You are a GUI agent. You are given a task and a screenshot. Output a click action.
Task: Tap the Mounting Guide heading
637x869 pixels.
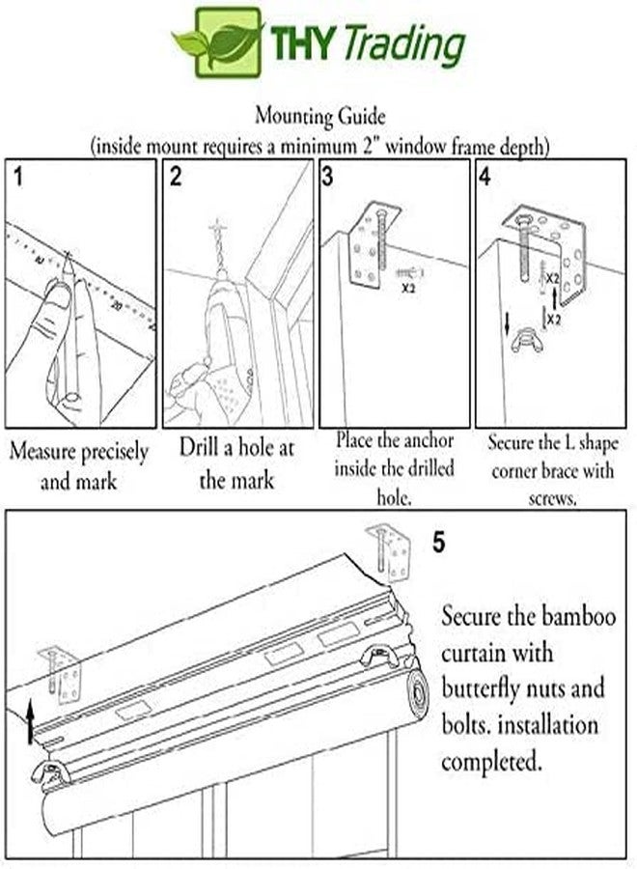(x=319, y=116)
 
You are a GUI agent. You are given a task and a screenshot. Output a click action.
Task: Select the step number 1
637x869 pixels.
(x=20, y=177)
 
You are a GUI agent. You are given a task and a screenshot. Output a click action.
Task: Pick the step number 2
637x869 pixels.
(x=176, y=177)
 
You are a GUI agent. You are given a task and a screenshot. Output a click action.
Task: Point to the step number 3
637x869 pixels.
(x=329, y=177)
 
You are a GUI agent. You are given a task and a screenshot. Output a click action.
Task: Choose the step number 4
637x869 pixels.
(x=485, y=177)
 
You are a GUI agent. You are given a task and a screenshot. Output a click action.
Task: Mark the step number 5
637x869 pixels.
(x=439, y=543)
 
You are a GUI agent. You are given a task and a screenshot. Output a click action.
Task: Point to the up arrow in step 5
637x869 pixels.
(x=31, y=721)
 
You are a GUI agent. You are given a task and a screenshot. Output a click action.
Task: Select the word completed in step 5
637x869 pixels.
(x=490, y=762)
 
